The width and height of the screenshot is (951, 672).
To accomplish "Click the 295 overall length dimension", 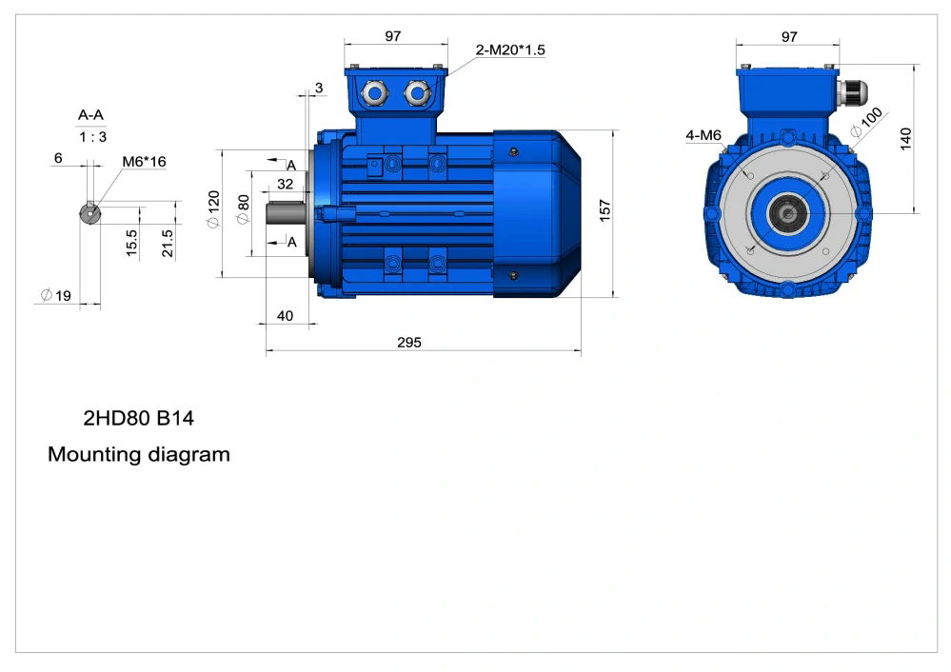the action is (x=408, y=342).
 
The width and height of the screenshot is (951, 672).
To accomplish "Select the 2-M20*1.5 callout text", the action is (x=510, y=49).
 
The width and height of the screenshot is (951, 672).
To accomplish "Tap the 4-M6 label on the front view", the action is (x=703, y=135).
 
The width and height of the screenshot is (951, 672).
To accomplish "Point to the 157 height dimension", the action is (x=604, y=210).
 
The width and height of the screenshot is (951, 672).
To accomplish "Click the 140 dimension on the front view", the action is (x=905, y=139).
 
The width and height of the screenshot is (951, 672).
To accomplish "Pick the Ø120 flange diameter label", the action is (x=213, y=209).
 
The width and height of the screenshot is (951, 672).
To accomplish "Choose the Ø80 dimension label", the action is (x=243, y=209).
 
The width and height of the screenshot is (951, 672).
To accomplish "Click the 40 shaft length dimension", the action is (x=285, y=316).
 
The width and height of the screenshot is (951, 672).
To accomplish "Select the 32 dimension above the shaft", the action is (x=285, y=184).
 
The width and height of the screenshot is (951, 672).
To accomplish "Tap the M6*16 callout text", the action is (x=144, y=162).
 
